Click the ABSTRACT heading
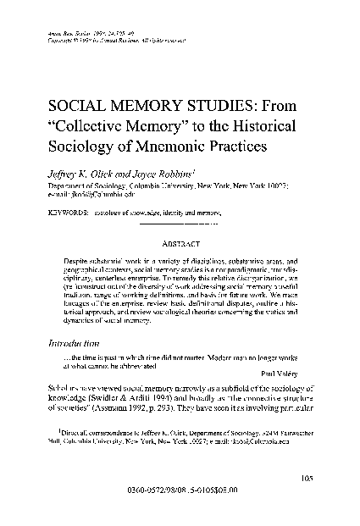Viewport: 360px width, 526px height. (x=180, y=240)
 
